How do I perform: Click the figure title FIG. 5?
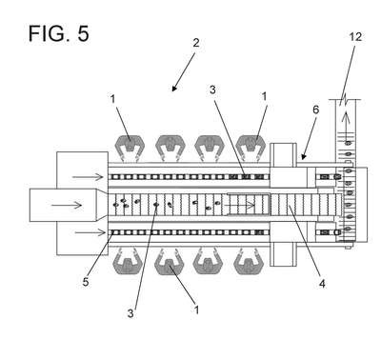click(59, 33)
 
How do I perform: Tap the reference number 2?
click(196, 43)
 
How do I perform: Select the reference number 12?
click(355, 37)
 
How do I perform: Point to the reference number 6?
click(315, 110)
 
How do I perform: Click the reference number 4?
click(322, 284)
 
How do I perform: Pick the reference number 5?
click(86, 282)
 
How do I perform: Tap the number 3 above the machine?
click(212, 90)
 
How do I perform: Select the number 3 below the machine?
click(130, 313)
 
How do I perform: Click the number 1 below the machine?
click(196, 310)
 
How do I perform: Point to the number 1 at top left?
click(112, 99)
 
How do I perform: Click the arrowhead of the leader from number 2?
click(173, 89)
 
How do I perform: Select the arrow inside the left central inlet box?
click(67, 206)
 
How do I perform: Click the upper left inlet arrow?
click(88, 177)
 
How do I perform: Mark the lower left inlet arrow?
click(90, 233)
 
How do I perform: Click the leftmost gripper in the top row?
click(130, 147)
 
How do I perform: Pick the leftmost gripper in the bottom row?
click(128, 262)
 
